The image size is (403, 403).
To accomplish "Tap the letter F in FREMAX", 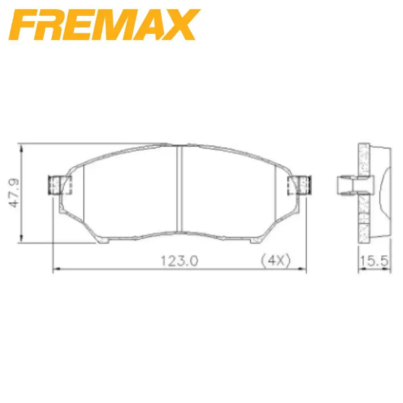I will (x=25, y=25).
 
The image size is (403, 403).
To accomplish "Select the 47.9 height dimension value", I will (x=16, y=193).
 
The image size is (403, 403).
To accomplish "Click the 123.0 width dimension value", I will (x=180, y=261).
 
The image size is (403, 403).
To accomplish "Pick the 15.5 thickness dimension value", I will (x=374, y=261).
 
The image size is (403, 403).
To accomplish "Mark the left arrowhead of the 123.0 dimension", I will (x=57, y=269).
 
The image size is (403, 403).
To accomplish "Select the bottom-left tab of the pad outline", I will (x=103, y=241).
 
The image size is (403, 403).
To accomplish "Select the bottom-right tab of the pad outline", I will (x=255, y=241).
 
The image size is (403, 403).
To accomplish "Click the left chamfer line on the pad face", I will (x=83, y=189).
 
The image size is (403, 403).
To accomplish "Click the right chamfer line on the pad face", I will (x=275, y=189).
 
